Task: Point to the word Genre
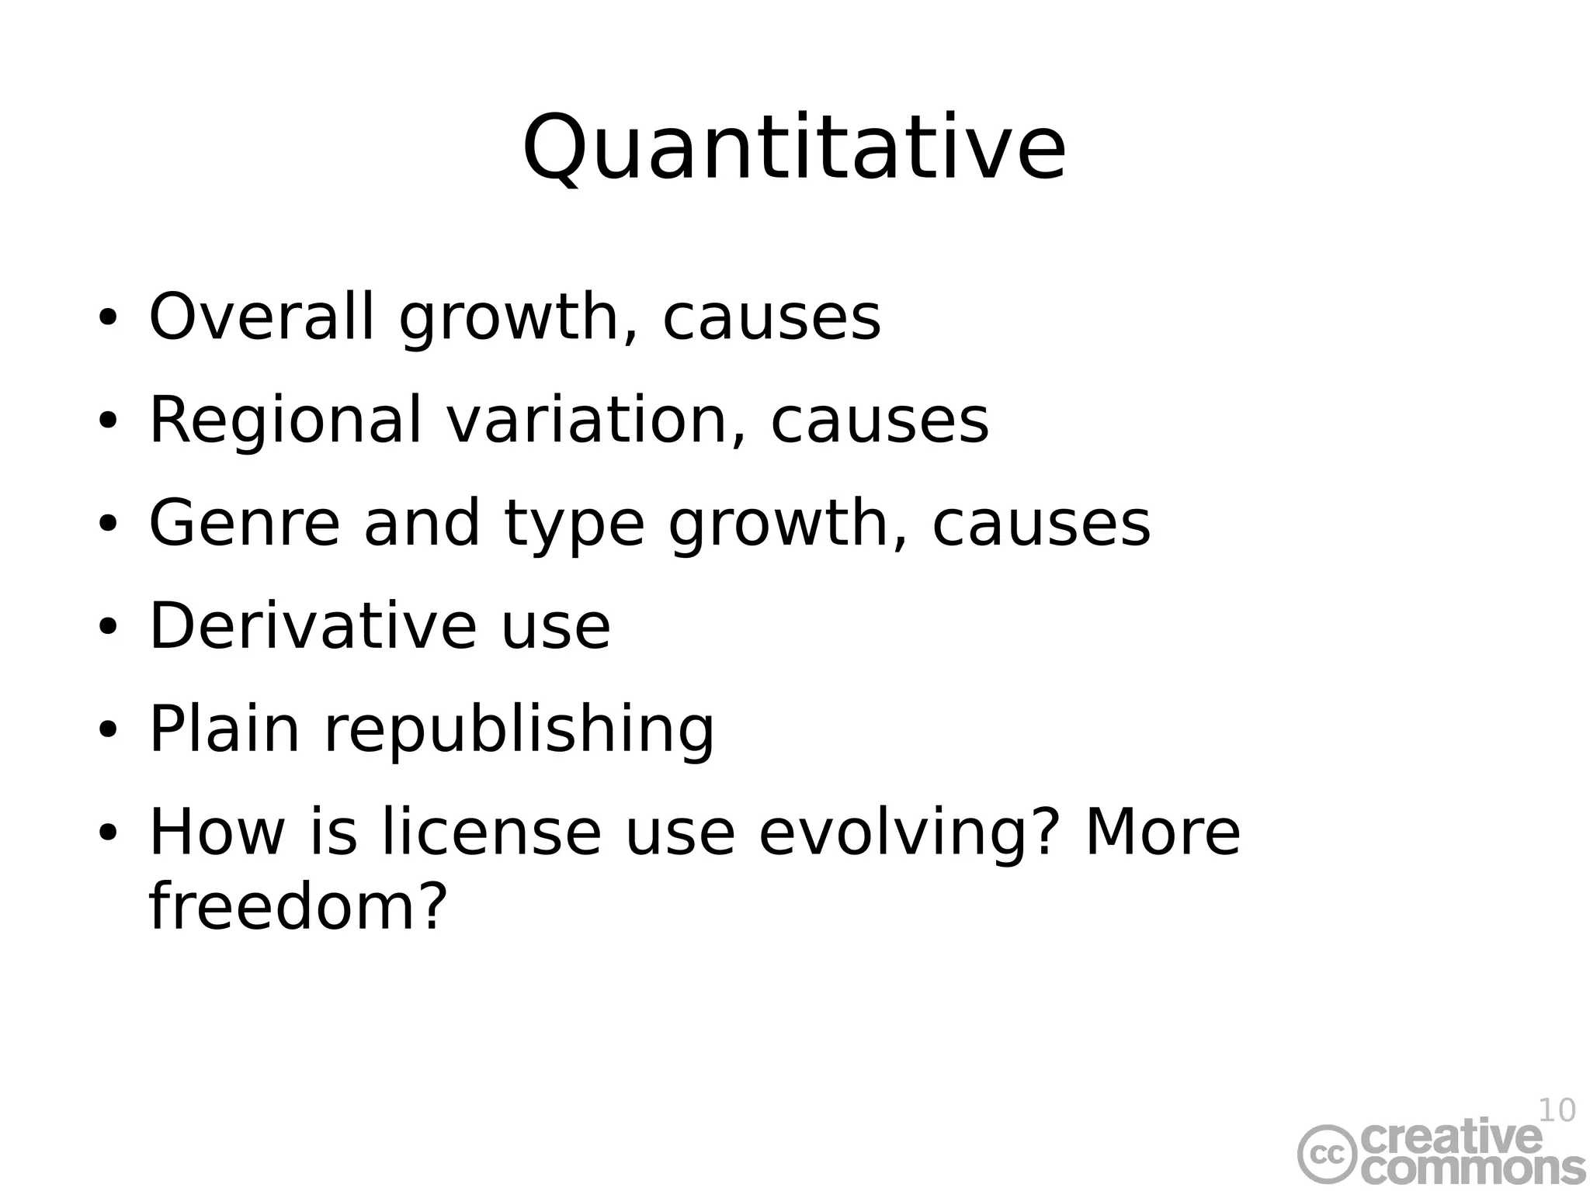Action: click(244, 523)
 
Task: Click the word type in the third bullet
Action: click(574, 525)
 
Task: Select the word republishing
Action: click(518, 730)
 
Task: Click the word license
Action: click(491, 832)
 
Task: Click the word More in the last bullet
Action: click(1161, 832)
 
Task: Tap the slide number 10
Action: click(1556, 1111)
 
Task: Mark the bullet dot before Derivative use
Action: click(107, 627)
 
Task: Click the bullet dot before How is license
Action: click(107, 833)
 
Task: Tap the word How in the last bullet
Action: click(217, 832)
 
